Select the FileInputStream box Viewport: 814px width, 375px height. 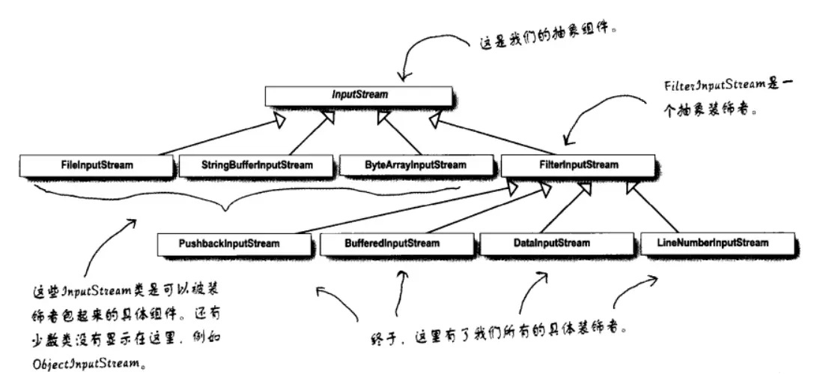(x=97, y=164)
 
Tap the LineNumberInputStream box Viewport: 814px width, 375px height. (x=717, y=243)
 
